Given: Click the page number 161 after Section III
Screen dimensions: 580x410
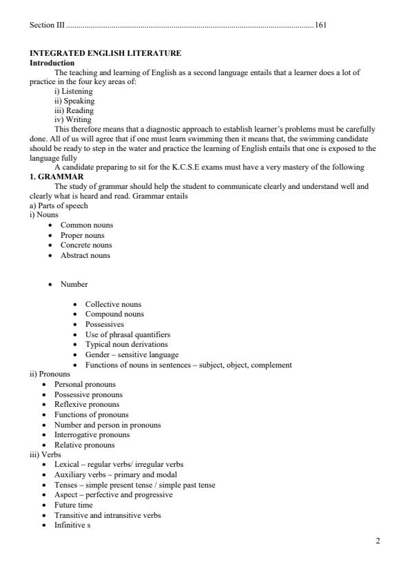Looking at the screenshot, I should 320,25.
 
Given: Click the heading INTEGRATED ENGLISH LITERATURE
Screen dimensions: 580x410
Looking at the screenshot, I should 105,53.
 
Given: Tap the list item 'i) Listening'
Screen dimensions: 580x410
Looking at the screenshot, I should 74,91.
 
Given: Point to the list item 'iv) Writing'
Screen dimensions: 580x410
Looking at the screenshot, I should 73,119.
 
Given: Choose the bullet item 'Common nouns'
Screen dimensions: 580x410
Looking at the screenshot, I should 87,225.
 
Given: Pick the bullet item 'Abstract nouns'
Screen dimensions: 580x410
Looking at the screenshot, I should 85,255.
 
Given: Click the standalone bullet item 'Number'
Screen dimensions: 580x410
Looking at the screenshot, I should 74,284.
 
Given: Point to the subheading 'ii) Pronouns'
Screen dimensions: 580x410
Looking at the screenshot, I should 50,374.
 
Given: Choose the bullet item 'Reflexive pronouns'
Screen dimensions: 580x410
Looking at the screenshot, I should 87,404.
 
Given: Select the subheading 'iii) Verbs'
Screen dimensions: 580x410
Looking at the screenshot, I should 46,455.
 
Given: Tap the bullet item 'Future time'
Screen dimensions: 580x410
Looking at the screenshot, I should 74,505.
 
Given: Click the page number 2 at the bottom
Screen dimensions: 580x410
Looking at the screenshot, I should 378,541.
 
